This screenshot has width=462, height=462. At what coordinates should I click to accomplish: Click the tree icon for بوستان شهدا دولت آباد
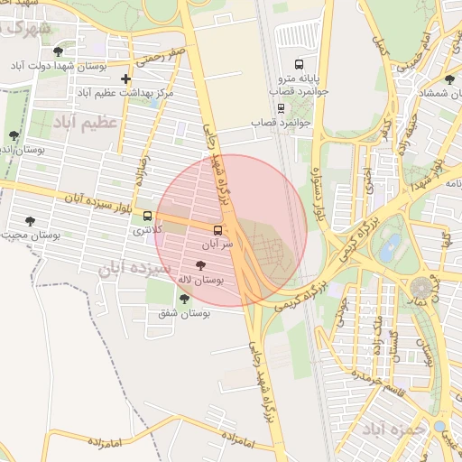point(59,51)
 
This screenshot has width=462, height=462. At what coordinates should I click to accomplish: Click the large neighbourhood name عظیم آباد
point(88,122)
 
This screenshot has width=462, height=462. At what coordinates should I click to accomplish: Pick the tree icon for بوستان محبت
point(30,220)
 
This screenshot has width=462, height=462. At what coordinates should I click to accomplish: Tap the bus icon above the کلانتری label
point(147,216)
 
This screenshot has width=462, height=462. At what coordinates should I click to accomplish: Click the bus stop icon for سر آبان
point(217,230)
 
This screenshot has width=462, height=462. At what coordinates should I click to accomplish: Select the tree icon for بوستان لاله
point(199,265)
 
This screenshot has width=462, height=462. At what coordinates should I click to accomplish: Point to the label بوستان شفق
point(183,313)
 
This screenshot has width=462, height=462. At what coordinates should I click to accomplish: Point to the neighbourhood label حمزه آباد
point(393,429)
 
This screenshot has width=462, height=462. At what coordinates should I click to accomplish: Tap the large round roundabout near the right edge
point(420,288)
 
